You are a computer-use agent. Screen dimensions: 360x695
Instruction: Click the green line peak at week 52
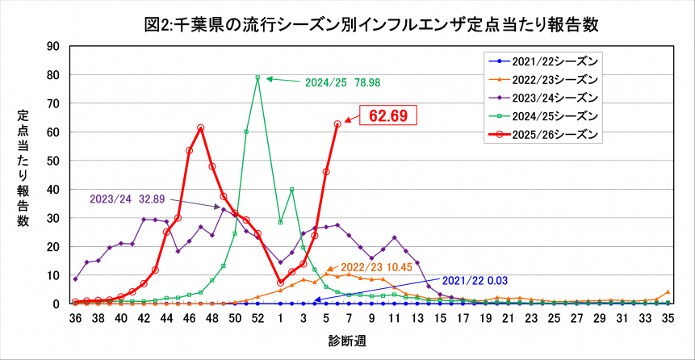coord(257,77)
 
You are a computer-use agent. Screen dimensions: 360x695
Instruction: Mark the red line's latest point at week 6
coord(337,123)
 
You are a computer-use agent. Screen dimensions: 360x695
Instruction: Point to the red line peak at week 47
coord(200,128)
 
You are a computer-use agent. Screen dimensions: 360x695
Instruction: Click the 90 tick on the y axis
coord(54,46)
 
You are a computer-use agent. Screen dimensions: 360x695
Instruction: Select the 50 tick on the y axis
coord(54,161)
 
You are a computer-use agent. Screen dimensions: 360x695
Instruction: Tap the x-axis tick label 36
coord(75,319)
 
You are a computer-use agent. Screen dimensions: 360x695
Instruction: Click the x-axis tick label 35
coord(668,319)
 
